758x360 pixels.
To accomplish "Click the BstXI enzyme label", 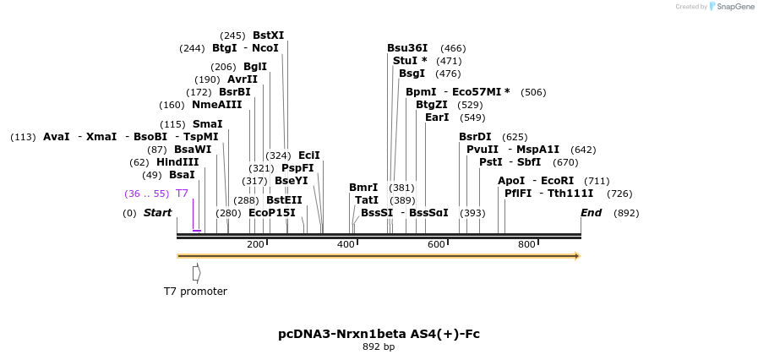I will (x=268, y=35).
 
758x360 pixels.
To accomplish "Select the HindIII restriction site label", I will (x=177, y=162).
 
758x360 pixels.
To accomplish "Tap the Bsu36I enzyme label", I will (x=407, y=48).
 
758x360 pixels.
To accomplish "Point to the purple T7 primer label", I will (x=182, y=194).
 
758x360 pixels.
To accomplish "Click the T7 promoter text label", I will (x=195, y=292).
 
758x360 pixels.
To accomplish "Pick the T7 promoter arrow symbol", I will (x=196, y=273).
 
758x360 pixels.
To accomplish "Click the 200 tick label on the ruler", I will (x=255, y=244).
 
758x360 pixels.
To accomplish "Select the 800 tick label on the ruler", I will (x=526, y=244).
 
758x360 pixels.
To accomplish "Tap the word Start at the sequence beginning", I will (x=157, y=213).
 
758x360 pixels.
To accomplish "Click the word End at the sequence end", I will (x=591, y=213).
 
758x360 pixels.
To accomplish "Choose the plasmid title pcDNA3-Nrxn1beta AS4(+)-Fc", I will (x=379, y=334).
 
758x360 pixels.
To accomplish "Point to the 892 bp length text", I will (x=379, y=347).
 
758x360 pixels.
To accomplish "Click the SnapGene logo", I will (x=732, y=7).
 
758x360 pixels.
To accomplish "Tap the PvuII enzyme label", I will (x=483, y=150).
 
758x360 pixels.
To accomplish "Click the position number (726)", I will (x=619, y=194).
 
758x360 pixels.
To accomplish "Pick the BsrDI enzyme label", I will (x=475, y=137).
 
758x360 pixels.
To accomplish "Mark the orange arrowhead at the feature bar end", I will (x=577, y=255).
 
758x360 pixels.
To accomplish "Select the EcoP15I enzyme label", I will (x=272, y=213).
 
